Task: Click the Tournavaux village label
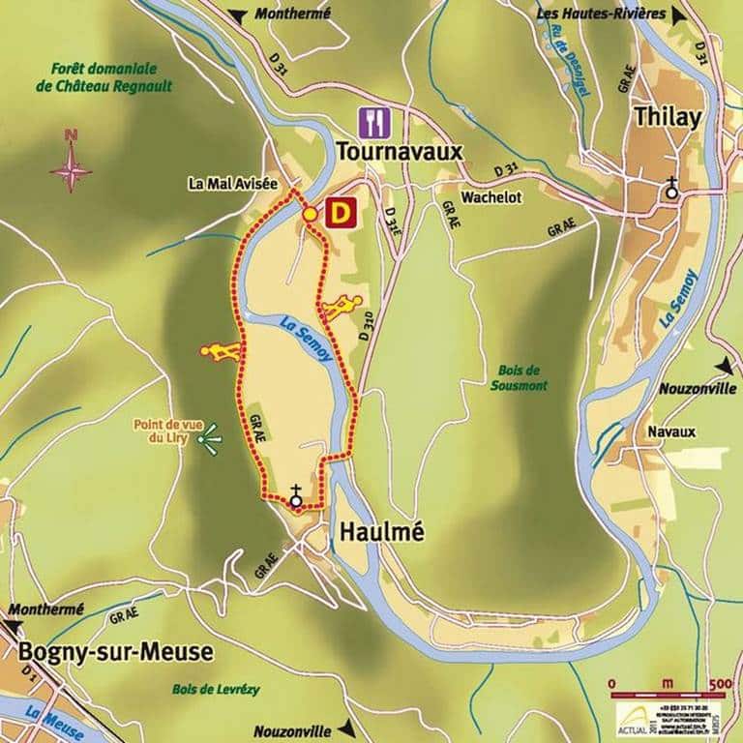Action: [401, 152]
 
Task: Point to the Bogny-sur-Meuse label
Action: [115, 652]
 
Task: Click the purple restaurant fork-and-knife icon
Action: [372, 123]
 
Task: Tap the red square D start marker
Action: [340, 213]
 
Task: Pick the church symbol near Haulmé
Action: [295, 496]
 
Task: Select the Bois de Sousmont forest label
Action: [521, 377]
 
